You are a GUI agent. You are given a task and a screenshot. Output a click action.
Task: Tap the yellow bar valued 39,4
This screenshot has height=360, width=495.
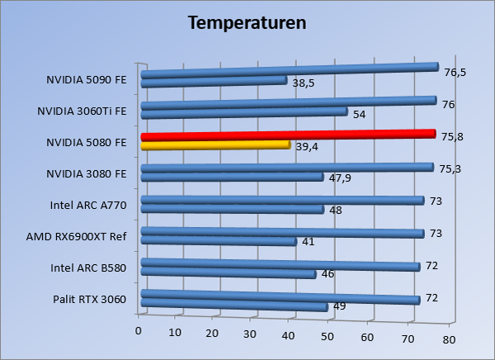pyautogui.click(x=216, y=145)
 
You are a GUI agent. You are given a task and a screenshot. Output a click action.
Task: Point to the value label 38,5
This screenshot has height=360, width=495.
pyautogui.click(x=304, y=83)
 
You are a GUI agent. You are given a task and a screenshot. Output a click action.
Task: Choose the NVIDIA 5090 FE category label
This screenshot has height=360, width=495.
pyautogui.click(x=87, y=80)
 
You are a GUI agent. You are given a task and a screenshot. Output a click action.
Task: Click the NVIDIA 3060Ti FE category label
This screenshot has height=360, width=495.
pyautogui.click(x=82, y=111)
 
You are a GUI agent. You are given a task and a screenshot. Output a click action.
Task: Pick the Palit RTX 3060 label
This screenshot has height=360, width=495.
pyautogui.click(x=88, y=299)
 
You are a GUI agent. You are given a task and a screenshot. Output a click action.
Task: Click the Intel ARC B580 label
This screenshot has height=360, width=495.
pyautogui.click(x=88, y=268)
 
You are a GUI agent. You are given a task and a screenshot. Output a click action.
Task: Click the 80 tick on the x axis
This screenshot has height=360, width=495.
pyautogui.click(x=449, y=339)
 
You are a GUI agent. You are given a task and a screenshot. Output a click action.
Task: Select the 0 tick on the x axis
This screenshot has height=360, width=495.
pyautogui.click(x=139, y=331)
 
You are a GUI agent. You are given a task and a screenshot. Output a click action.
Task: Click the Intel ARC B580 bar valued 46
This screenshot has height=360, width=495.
pyautogui.click(x=229, y=273)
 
